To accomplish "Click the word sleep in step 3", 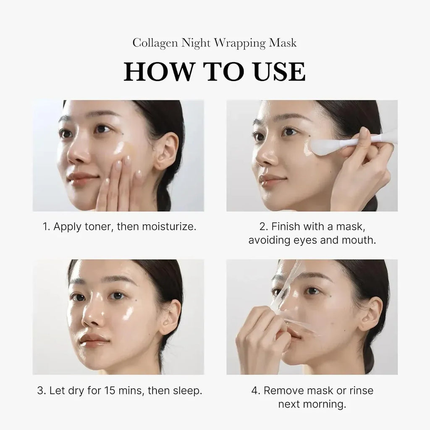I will click(x=188, y=391).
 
